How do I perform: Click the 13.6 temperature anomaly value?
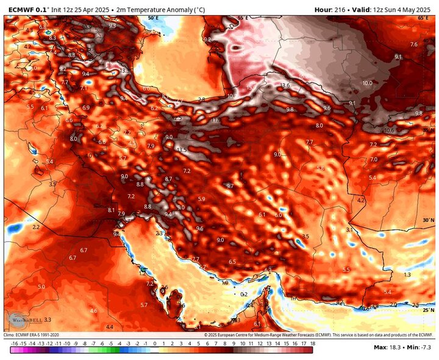[285, 85]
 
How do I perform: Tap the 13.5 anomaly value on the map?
[181, 149]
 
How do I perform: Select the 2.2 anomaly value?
[36, 227]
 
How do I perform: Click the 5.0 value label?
[41, 286]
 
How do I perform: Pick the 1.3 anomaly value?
[407, 275]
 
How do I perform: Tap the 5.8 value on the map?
[320, 168]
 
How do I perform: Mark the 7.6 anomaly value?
[414, 44]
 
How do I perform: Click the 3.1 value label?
[350, 229]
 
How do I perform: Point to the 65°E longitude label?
[423, 18]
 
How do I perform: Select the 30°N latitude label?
[429, 220]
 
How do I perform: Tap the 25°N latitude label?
[429, 310]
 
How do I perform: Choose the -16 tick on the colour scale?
[13, 344]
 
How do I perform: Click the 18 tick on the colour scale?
[312, 344]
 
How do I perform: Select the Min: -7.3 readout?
[421, 347]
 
